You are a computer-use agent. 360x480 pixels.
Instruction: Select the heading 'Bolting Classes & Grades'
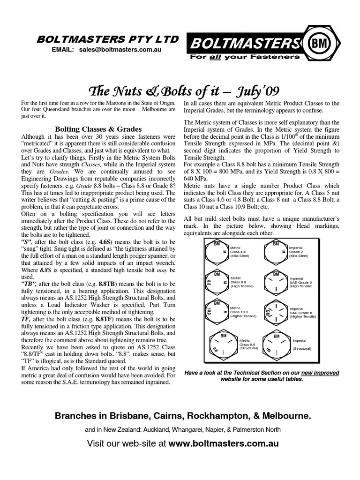click(x=98, y=128)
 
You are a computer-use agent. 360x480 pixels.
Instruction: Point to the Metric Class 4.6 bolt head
click(x=216, y=253)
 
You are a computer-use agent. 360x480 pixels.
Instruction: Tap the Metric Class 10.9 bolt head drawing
click(x=216, y=310)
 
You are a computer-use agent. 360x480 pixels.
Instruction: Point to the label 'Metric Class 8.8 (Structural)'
click(x=250, y=344)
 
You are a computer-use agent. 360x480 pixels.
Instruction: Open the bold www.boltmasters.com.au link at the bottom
click(x=224, y=442)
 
